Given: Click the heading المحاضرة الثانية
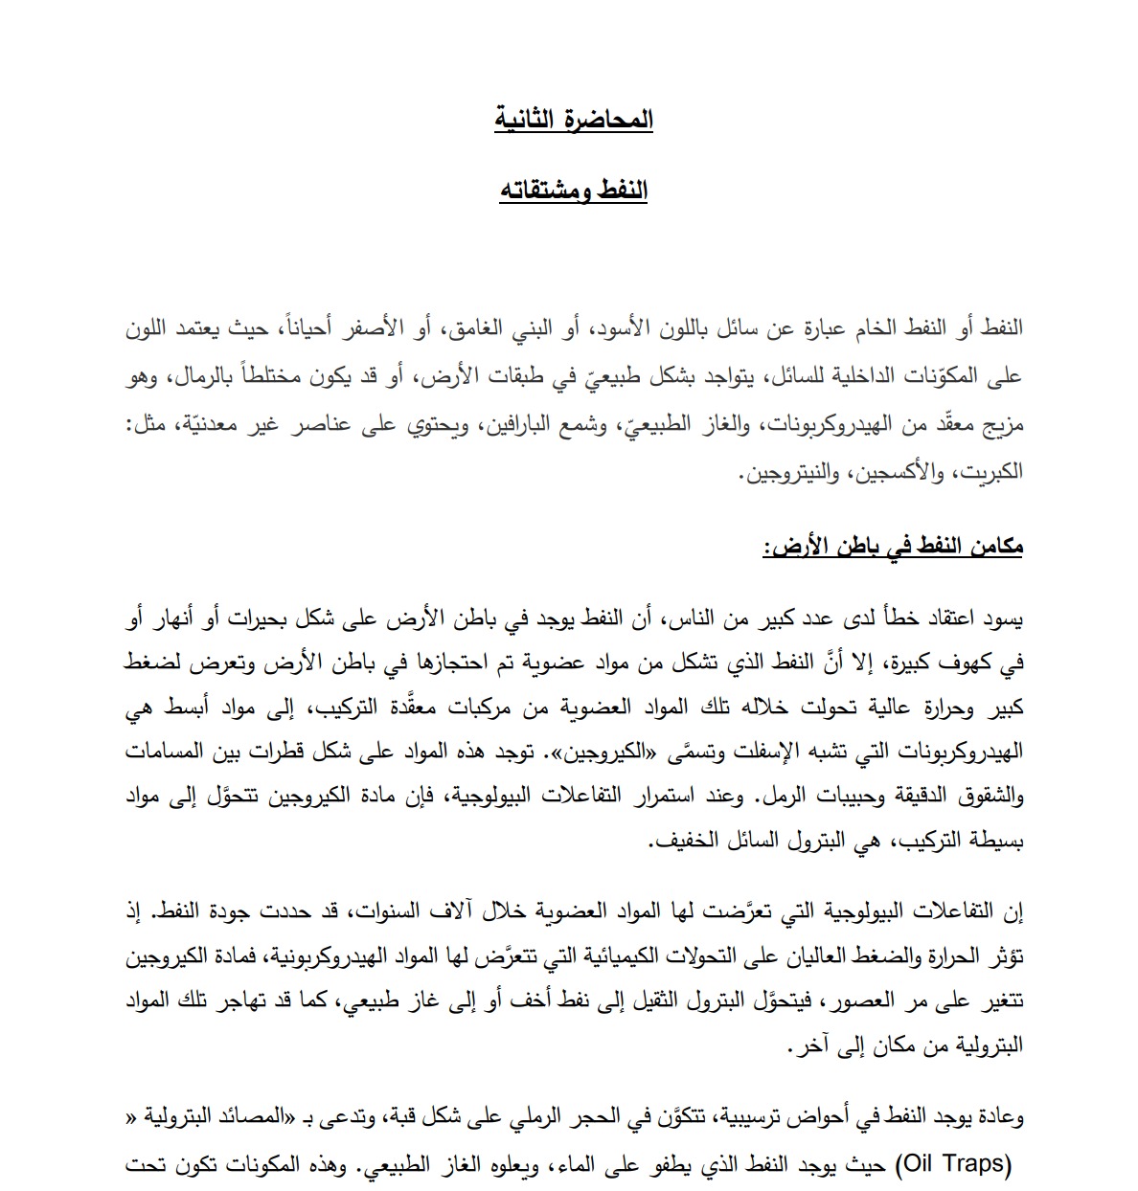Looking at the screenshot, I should (574, 120).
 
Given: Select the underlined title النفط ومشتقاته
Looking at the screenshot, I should (574, 191).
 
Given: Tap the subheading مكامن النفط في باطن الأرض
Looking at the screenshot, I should (894, 547).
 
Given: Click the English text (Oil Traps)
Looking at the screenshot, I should (953, 1165).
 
